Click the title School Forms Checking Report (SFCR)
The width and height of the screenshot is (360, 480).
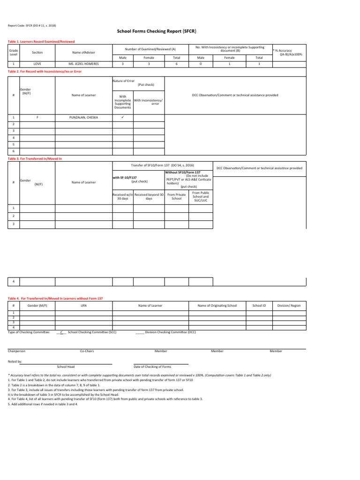(x=157, y=31)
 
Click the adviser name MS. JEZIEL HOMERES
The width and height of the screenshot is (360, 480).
(x=84, y=63)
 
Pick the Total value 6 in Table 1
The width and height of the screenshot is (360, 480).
(x=176, y=63)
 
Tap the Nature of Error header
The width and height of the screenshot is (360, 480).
(x=123, y=81)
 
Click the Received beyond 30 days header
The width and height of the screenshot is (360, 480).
(x=149, y=196)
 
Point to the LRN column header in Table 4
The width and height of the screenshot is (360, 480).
(x=84, y=305)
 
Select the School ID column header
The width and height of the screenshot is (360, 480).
(x=259, y=305)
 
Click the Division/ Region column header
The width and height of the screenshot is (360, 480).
(x=289, y=305)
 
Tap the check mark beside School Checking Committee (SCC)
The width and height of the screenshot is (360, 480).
(x=61, y=331)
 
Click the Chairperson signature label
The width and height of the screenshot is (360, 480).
(x=16, y=351)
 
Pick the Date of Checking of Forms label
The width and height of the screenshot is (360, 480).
(x=152, y=366)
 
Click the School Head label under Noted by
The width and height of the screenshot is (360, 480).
(x=66, y=366)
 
